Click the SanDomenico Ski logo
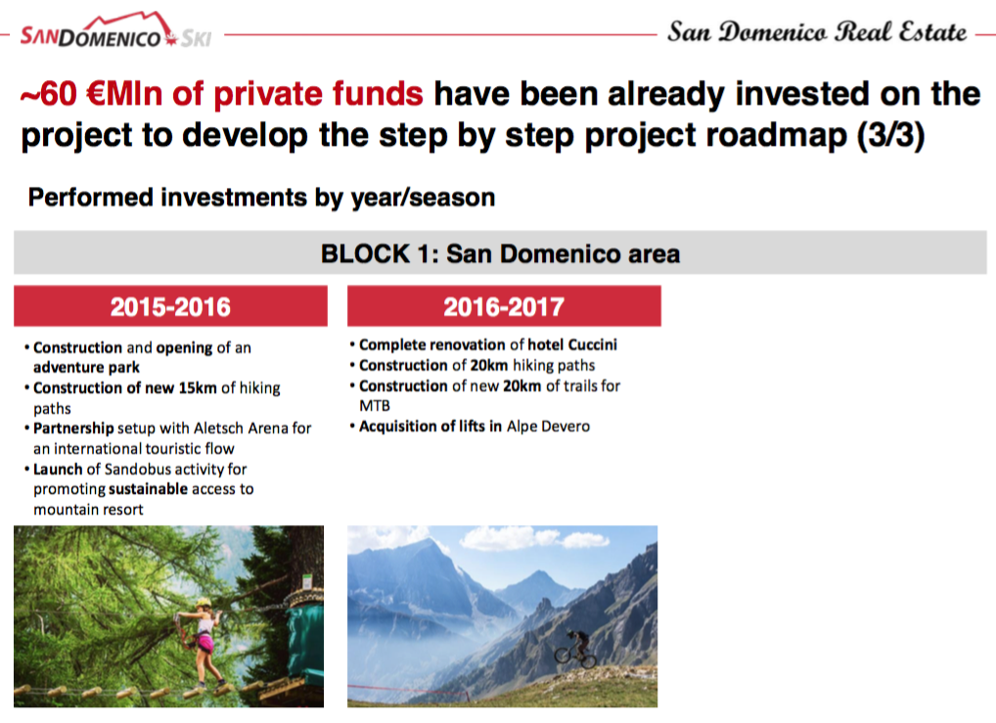pyautogui.click(x=115, y=30)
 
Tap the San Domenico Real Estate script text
pyautogui.click(x=817, y=31)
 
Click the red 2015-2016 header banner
pyautogui.click(x=171, y=306)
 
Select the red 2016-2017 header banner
pyautogui.click(x=504, y=306)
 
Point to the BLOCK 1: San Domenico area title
pyautogui.click(x=500, y=253)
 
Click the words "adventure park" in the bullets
pyautogui.click(x=86, y=367)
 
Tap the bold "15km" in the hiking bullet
pyautogui.click(x=198, y=387)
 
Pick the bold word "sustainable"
pyautogui.click(x=148, y=488)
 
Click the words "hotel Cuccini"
pyautogui.click(x=572, y=344)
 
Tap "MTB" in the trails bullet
pyautogui.click(x=375, y=405)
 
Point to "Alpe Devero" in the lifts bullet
pyautogui.click(x=548, y=427)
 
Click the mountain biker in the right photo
pyautogui.click(x=575, y=649)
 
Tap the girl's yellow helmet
pyautogui.click(x=204, y=603)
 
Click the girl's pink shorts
pyautogui.click(x=204, y=644)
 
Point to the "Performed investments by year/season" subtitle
pyautogui.click(x=261, y=198)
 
